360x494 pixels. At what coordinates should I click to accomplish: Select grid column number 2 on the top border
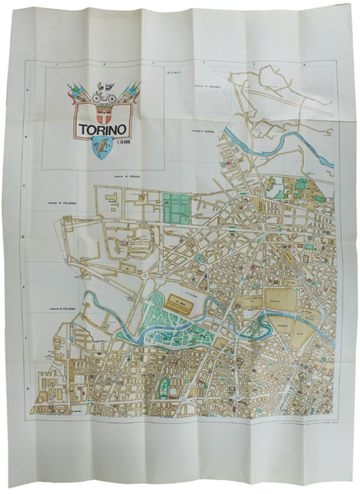(105, 63)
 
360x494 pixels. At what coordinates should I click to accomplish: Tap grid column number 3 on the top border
(154, 63)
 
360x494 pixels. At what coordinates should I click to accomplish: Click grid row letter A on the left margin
(30, 92)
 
